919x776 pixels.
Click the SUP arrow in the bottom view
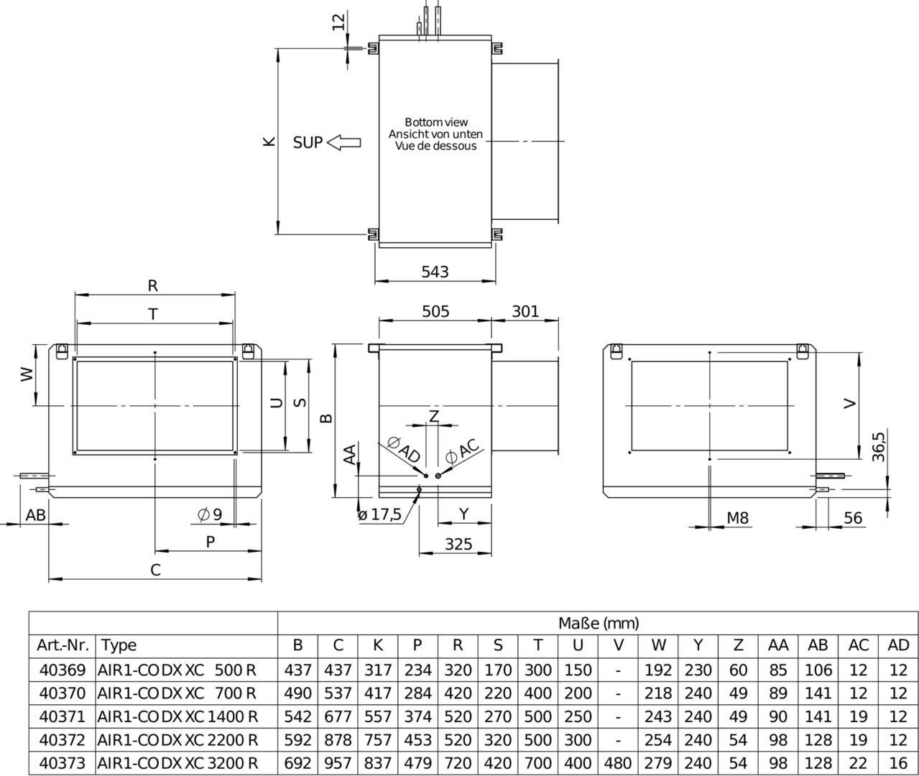343,142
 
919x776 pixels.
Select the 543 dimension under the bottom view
435,272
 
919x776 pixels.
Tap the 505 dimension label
435,311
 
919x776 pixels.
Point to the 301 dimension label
525,311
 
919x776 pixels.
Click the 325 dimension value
458,544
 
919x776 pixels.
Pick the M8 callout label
737,517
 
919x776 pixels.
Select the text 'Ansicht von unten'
435,134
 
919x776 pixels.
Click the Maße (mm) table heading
599,623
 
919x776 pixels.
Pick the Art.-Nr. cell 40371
61,716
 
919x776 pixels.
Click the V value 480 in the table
619,763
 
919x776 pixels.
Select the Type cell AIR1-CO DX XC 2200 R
177,740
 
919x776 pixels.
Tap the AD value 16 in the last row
898,763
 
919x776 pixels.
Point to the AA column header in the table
778,645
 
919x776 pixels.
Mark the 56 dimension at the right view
853,518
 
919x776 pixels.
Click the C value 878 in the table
338,740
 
